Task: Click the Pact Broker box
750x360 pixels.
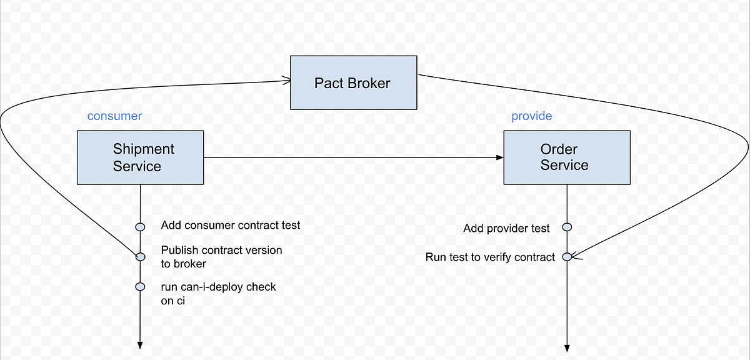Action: (x=354, y=82)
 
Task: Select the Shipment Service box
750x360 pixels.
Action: (x=140, y=157)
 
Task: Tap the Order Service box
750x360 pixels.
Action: (x=567, y=157)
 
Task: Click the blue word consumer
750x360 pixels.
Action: (x=114, y=116)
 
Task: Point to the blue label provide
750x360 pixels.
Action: (x=531, y=116)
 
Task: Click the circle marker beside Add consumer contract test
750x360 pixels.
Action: (x=140, y=226)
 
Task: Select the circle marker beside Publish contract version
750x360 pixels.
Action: (x=140, y=256)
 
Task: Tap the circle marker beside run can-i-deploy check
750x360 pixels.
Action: (x=140, y=287)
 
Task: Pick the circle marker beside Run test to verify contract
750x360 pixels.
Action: (x=567, y=256)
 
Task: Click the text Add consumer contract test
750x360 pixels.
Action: (x=231, y=225)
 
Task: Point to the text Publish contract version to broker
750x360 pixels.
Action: (x=221, y=256)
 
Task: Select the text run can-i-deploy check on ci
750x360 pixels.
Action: (x=218, y=293)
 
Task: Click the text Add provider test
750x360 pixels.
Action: (x=506, y=229)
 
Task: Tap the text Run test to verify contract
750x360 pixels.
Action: (x=490, y=257)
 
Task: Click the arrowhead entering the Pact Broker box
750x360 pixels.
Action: (x=287, y=80)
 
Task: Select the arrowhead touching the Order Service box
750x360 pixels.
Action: (x=499, y=157)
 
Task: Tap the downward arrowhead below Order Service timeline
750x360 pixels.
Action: (x=567, y=347)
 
